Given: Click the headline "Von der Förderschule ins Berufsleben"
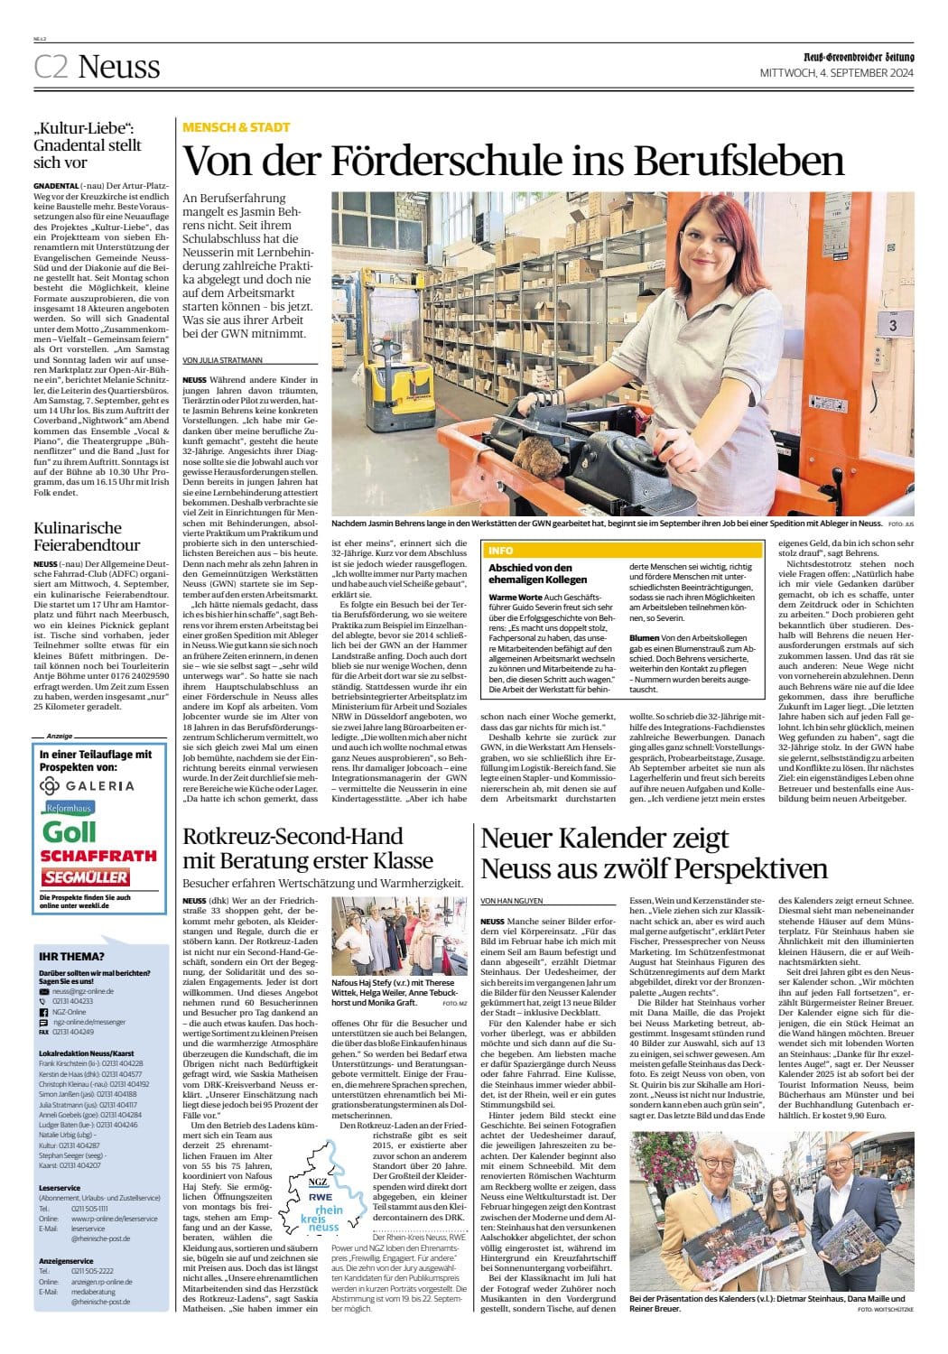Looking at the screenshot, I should pyautogui.click(x=513, y=162).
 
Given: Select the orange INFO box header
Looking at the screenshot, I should pyautogui.click(x=501, y=550).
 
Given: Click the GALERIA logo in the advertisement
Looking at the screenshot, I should pyautogui.click(x=88, y=785).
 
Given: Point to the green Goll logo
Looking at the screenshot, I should pyautogui.click(x=70, y=831).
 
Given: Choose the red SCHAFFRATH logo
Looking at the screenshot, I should pyautogui.click(x=98, y=856).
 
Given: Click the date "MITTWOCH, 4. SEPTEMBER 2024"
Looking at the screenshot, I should pyautogui.click(x=837, y=72).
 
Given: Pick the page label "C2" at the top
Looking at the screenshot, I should pyautogui.click(x=51, y=67).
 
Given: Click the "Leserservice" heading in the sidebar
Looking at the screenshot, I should pyautogui.click(x=60, y=1188).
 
